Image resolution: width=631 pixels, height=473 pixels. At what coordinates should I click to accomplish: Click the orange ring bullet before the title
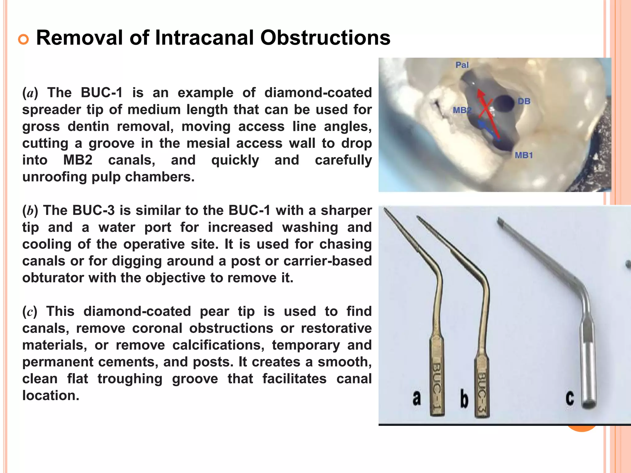(23, 39)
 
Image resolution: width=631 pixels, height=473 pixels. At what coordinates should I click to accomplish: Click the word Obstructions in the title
(325, 38)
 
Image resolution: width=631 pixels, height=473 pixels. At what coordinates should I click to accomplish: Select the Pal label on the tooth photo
(462, 65)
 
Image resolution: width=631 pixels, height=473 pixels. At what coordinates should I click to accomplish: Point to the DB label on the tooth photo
(524, 101)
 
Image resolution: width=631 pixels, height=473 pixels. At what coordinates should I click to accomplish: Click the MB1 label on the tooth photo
(524, 156)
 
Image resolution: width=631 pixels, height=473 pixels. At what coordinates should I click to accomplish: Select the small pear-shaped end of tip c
(499, 220)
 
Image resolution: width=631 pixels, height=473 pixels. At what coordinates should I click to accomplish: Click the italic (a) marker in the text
(30, 93)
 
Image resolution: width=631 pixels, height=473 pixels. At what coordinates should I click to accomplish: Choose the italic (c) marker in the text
(30, 312)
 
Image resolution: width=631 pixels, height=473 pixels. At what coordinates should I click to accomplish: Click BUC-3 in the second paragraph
(93, 211)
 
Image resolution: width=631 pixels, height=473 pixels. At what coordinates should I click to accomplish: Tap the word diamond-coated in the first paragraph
(318, 93)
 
